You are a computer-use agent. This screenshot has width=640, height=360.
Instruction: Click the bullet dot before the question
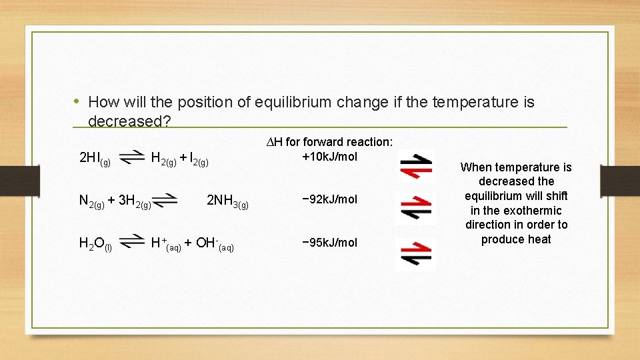click(x=77, y=101)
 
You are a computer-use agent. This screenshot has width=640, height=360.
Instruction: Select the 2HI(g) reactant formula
click(x=95, y=159)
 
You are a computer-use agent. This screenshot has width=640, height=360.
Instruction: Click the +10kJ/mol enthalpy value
click(x=329, y=157)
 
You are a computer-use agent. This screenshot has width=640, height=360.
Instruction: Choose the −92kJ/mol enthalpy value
click(x=329, y=199)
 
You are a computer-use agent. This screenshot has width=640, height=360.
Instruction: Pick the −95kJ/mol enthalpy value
click(x=329, y=242)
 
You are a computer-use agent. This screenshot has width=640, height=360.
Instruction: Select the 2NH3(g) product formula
click(x=227, y=201)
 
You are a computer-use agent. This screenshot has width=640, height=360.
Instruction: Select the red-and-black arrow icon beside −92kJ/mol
click(x=416, y=208)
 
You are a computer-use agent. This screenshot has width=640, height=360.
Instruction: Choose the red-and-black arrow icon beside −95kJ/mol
click(x=416, y=253)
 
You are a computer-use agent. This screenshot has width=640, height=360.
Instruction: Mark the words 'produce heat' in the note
click(x=516, y=239)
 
